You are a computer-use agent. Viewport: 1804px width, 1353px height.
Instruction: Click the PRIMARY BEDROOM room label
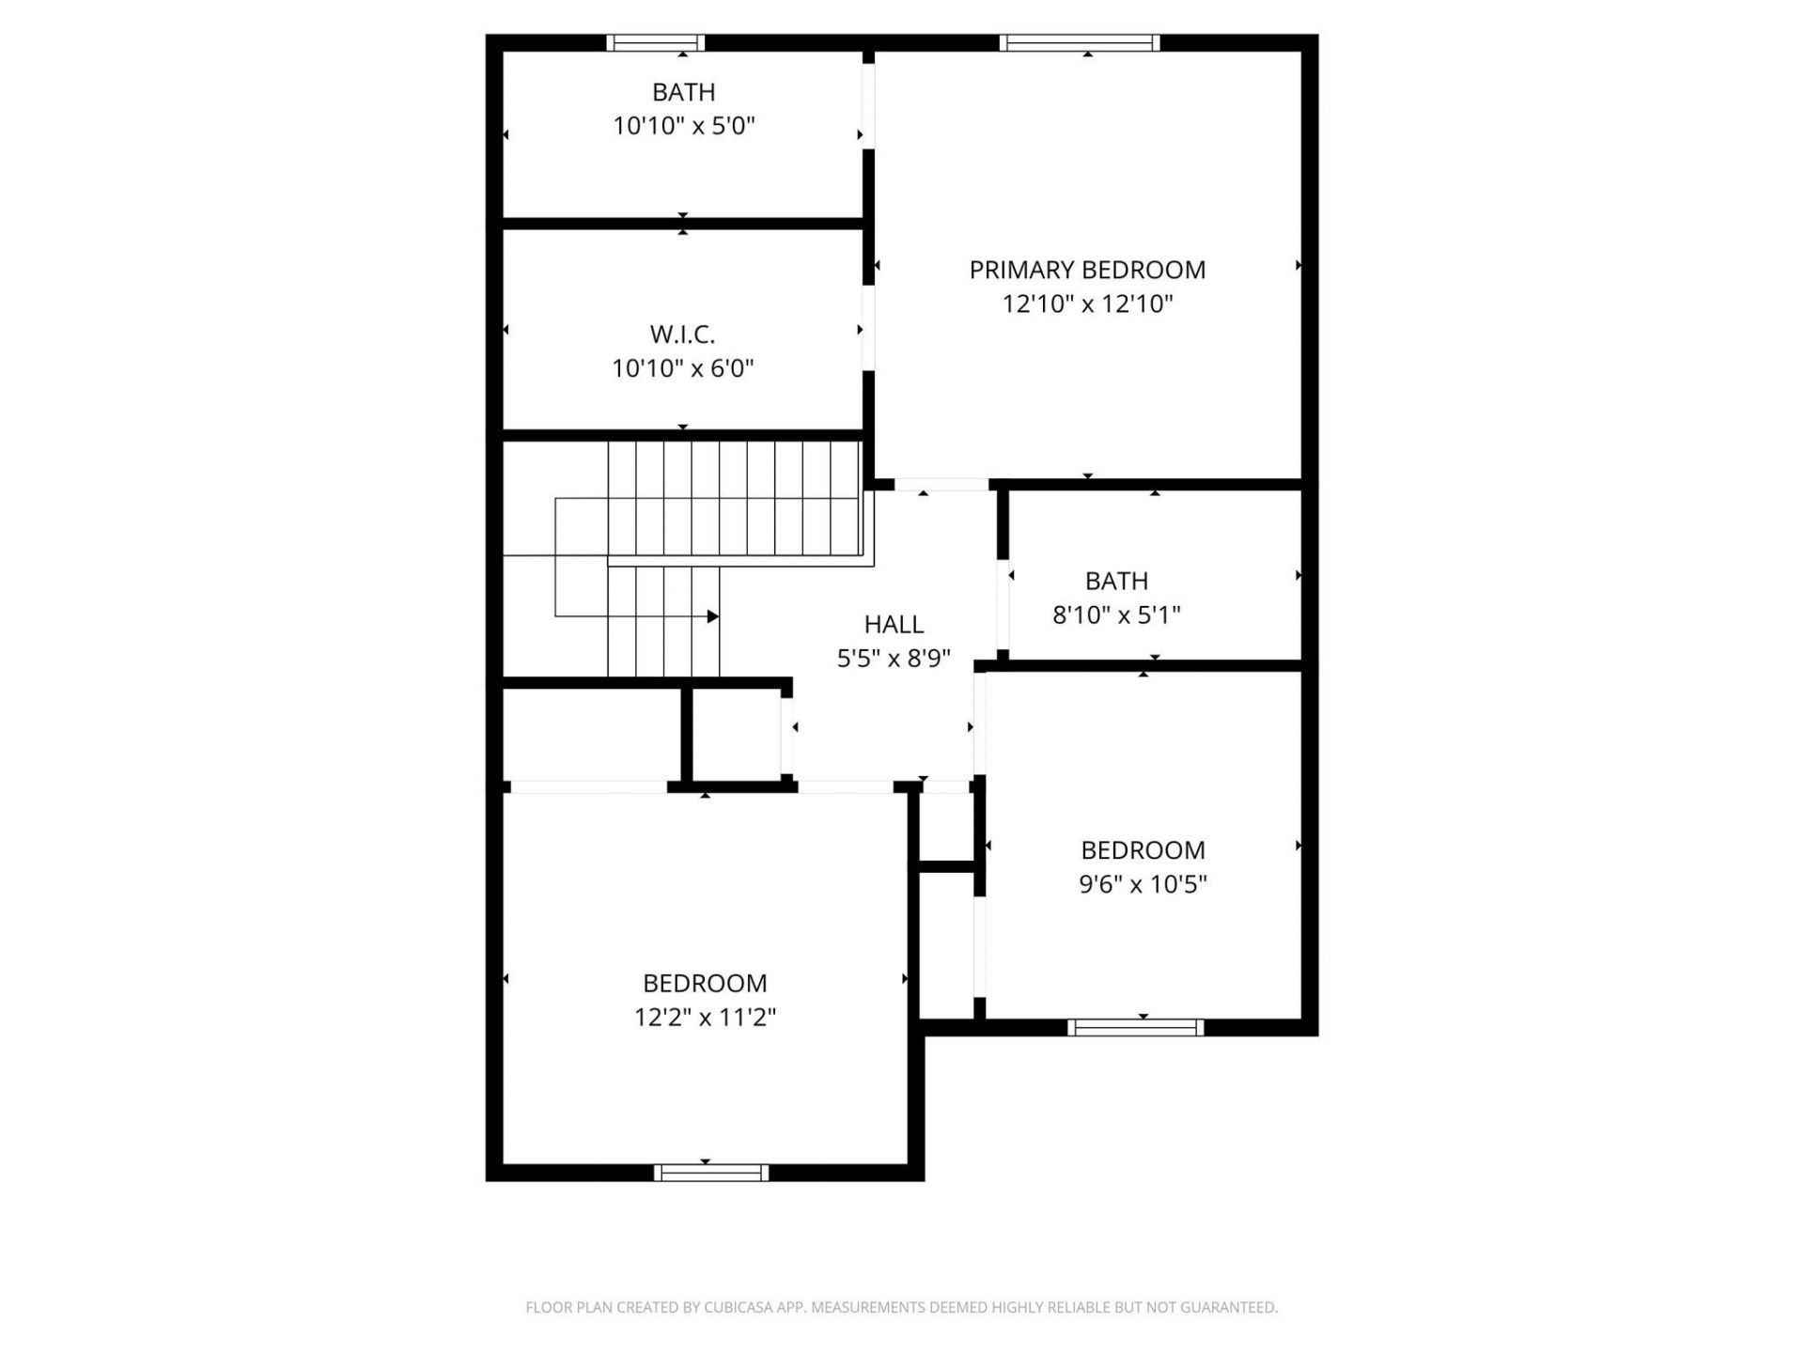[x=1087, y=271]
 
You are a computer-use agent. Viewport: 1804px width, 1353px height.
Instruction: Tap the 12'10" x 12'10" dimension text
[x=1087, y=304]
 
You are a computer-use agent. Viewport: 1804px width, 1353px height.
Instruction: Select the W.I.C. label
[x=683, y=334]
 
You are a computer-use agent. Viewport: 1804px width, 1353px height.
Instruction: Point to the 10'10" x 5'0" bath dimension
[x=684, y=126]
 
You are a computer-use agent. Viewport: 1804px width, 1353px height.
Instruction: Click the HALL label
[x=894, y=625]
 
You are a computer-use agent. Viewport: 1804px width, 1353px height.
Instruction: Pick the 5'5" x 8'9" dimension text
[x=894, y=659]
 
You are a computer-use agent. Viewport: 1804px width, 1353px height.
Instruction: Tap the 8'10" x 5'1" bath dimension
[x=1116, y=615]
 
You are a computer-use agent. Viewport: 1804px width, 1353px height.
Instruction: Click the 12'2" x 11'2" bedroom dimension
[x=705, y=1018]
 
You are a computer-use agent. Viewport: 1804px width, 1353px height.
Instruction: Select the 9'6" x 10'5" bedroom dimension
[x=1143, y=884]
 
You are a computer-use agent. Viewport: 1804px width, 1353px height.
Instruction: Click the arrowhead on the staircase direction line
[x=713, y=616]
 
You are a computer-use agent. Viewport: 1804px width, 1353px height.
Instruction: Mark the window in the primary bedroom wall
[x=1080, y=42]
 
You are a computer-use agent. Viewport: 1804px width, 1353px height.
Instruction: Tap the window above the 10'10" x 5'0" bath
[x=655, y=42]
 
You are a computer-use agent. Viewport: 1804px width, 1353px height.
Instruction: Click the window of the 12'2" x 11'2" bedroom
[x=711, y=1173]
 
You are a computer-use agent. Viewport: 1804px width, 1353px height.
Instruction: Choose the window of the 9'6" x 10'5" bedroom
[x=1135, y=1028]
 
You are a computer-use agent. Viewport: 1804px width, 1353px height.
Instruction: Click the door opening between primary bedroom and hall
[x=941, y=485]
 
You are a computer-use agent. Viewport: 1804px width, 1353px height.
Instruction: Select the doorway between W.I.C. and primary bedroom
[x=868, y=328]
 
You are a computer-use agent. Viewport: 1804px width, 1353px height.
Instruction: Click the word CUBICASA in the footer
[x=737, y=1307]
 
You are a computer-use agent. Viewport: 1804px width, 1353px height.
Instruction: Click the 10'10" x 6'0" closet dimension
[x=683, y=368]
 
